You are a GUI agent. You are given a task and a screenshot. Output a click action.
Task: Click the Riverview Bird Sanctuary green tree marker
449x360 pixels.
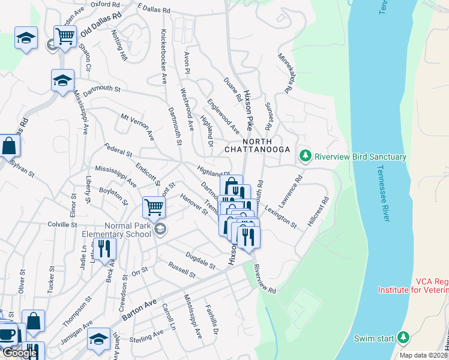pyautogui.click(x=306, y=157)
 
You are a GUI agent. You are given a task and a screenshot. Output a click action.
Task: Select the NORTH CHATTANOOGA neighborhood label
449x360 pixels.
pyautogui.click(x=258, y=145)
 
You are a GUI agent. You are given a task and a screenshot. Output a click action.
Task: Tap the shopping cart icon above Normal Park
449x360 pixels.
pyautogui.click(x=154, y=208)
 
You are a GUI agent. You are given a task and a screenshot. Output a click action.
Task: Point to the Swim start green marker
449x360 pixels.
pyautogui.click(x=403, y=337)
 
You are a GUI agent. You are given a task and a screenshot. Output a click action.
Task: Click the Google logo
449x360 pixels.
pyautogui.click(x=19, y=353)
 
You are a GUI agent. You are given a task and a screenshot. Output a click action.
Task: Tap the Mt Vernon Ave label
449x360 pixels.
pyautogui.click(x=137, y=127)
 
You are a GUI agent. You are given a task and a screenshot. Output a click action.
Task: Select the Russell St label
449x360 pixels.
pyautogui.click(x=181, y=270)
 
